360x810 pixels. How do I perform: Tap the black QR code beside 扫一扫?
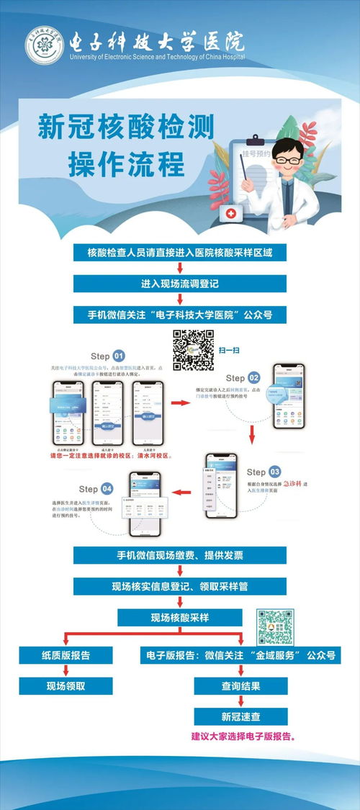tap(194, 349)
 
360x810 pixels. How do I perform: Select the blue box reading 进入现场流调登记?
tap(180, 284)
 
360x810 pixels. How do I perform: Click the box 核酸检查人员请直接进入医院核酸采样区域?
tap(180, 253)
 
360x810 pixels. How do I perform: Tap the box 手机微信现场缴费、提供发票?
tap(180, 555)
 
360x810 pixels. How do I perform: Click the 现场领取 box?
tap(66, 686)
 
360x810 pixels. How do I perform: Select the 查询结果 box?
tap(240, 686)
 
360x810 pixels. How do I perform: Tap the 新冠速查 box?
tap(240, 716)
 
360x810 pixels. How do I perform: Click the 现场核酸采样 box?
tap(180, 617)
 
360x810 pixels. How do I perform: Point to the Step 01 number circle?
tap(118, 356)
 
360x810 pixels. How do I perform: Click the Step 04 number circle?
tap(107, 488)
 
